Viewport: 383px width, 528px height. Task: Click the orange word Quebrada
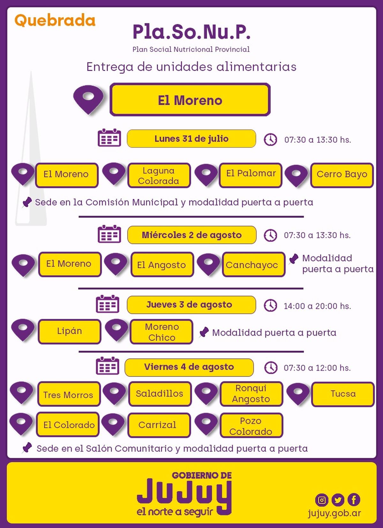pyautogui.click(x=55, y=20)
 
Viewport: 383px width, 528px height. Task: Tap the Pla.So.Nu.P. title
pyautogui.click(x=191, y=32)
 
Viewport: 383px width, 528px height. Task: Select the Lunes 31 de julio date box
pyautogui.click(x=191, y=139)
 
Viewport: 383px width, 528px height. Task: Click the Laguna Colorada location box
pyautogui.click(x=159, y=175)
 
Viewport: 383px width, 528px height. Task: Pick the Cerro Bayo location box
pyautogui.click(x=342, y=175)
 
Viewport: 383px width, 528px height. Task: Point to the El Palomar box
pyautogui.click(x=251, y=175)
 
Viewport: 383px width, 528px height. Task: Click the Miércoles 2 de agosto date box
pyautogui.click(x=192, y=235)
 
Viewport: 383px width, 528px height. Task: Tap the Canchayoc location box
pyautogui.click(x=254, y=264)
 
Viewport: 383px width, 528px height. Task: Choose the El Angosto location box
pyautogui.click(x=162, y=264)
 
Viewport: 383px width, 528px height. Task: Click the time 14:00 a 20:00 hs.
pyautogui.click(x=317, y=306)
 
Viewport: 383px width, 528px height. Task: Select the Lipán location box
pyautogui.click(x=69, y=332)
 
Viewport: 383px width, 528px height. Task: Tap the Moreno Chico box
pyautogui.click(x=161, y=332)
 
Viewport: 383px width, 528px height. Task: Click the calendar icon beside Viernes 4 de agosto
pyautogui.click(x=108, y=366)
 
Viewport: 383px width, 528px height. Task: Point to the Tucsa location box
pyautogui.click(x=343, y=394)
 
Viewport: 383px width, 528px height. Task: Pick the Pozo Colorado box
pyautogui.click(x=251, y=425)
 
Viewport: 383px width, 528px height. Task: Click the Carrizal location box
pyautogui.click(x=159, y=425)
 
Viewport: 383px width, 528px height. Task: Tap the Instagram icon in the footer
pyautogui.click(x=322, y=500)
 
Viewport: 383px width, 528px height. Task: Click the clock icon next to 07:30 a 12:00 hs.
pyautogui.click(x=271, y=368)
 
